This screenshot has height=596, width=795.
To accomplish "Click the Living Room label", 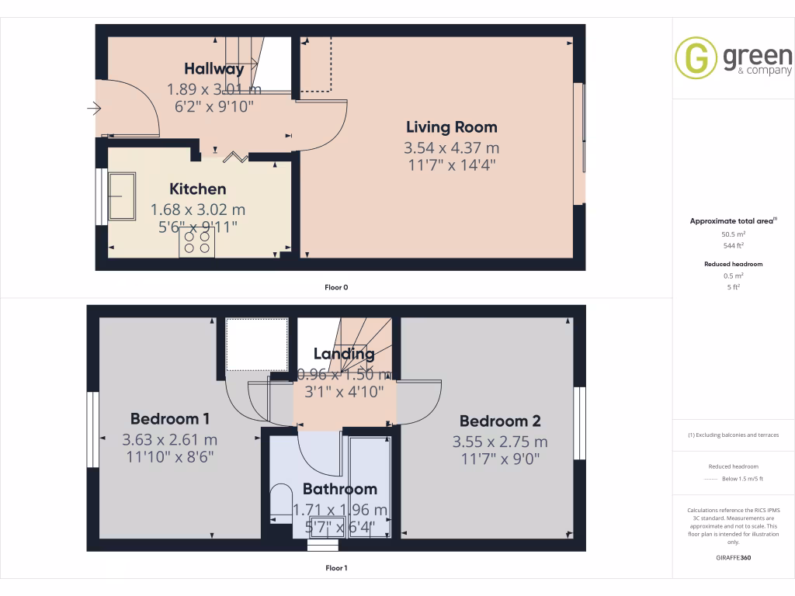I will coord(451,127).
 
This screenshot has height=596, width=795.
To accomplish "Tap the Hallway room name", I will coord(214,69).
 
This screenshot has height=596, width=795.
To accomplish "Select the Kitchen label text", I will coord(198,189).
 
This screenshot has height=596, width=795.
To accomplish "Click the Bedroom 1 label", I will coord(170,419).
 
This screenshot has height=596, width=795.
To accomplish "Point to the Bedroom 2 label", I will coord(500,421).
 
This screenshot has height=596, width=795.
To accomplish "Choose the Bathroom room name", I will coord(339,489).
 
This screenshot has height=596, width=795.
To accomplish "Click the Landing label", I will coord(344,354).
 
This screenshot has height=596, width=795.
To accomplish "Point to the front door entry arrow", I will coord(95,109).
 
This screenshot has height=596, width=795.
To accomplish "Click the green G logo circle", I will coord(696,58).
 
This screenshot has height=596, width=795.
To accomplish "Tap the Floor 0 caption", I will coord(336,288).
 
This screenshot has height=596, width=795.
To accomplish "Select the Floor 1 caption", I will coord(336,568).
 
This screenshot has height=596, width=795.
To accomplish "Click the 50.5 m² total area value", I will coord(733,234).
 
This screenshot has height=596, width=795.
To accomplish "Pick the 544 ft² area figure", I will coord(733,245).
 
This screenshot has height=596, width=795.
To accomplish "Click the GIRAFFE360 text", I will coord(733,558).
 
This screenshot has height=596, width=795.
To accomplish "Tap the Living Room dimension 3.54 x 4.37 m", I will coord(451,147).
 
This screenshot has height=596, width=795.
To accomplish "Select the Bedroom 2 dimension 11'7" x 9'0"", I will coord(500,459).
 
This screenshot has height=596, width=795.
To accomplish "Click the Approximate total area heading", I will coord(732,221).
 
